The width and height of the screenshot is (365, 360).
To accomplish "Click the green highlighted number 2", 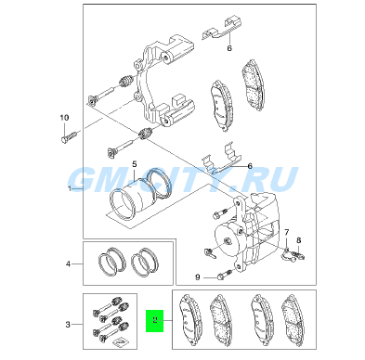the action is pyautogui.click(x=155, y=320).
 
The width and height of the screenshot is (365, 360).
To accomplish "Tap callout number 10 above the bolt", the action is pyautogui.click(x=64, y=118).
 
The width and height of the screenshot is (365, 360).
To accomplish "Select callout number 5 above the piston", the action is pyautogui.click(x=135, y=164).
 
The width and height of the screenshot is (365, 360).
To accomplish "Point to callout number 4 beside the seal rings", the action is pyautogui.click(x=68, y=264).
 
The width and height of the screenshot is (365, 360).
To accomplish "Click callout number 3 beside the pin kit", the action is pyautogui.click(x=68, y=325).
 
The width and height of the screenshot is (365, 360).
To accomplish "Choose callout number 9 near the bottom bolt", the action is pyautogui.click(x=198, y=277).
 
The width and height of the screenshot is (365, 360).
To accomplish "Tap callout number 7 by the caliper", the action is pyautogui.click(x=287, y=232).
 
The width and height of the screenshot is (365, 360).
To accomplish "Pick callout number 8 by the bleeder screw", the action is pyautogui.click(x=299, y=240).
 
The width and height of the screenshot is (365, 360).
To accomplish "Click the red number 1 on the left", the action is pyautogui.click(x=70, y=188).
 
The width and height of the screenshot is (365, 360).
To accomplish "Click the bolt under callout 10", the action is pyautogui.click(x=69, y=136).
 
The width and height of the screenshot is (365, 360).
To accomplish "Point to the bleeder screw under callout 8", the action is pyautogui.click(x=300, y=255).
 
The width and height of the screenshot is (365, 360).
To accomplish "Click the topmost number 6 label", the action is pyautogui.click(x=229, y=48).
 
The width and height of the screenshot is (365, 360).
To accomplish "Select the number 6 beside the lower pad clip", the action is pyautogui.click(x=250, y=166).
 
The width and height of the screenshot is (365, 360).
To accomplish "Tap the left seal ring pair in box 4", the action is pyautogui.click(x=112, y=262).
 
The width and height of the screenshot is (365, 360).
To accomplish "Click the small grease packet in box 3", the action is pyautogui.click(x=119, y=342).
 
